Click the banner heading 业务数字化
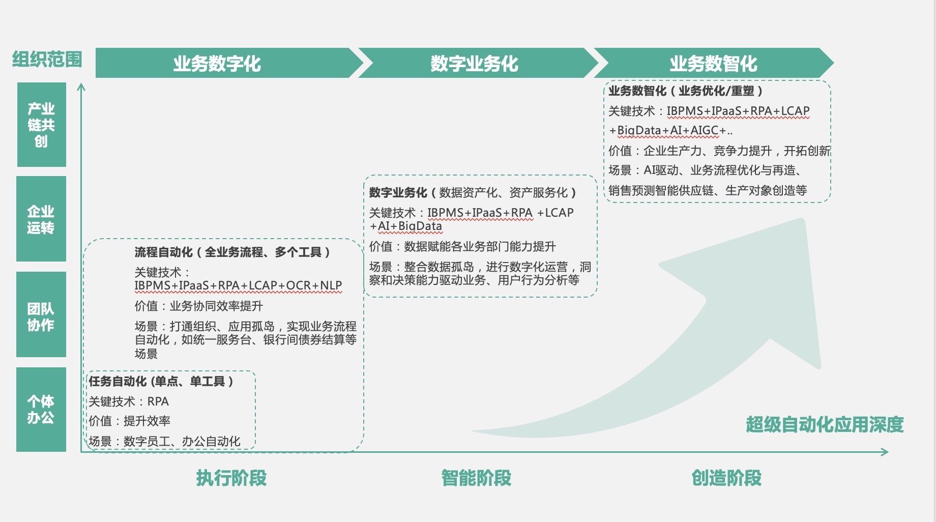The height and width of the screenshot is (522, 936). [x=217, y=64]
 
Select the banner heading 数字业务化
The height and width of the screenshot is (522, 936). [x=474, y=64]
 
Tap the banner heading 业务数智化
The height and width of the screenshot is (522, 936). [x=713, y=64]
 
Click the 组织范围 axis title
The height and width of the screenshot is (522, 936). [x=47, y=60]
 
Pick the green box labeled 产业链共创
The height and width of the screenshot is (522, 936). [x=41, y=125]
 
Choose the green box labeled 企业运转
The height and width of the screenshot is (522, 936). [x=41, y=219]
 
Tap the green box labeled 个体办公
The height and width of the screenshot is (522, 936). [x=41, y=410]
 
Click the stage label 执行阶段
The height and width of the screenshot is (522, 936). [x=231, y=478]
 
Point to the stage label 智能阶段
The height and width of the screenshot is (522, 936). [x=476, y=478]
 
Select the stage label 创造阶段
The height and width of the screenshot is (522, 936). [x=726, y=478]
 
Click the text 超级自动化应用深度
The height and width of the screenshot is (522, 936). [x=825, y=424]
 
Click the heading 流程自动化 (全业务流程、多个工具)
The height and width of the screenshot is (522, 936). [x=232, y=252]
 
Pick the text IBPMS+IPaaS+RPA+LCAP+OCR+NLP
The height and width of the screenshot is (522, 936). [x=238, y=286]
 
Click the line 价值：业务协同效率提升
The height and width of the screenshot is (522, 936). [x=199, y=306]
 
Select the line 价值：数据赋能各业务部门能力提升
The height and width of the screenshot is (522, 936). [x=462, y=247]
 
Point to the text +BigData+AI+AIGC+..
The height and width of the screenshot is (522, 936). [x=670, y=131]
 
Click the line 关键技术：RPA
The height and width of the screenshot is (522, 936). [x=129, y=401]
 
